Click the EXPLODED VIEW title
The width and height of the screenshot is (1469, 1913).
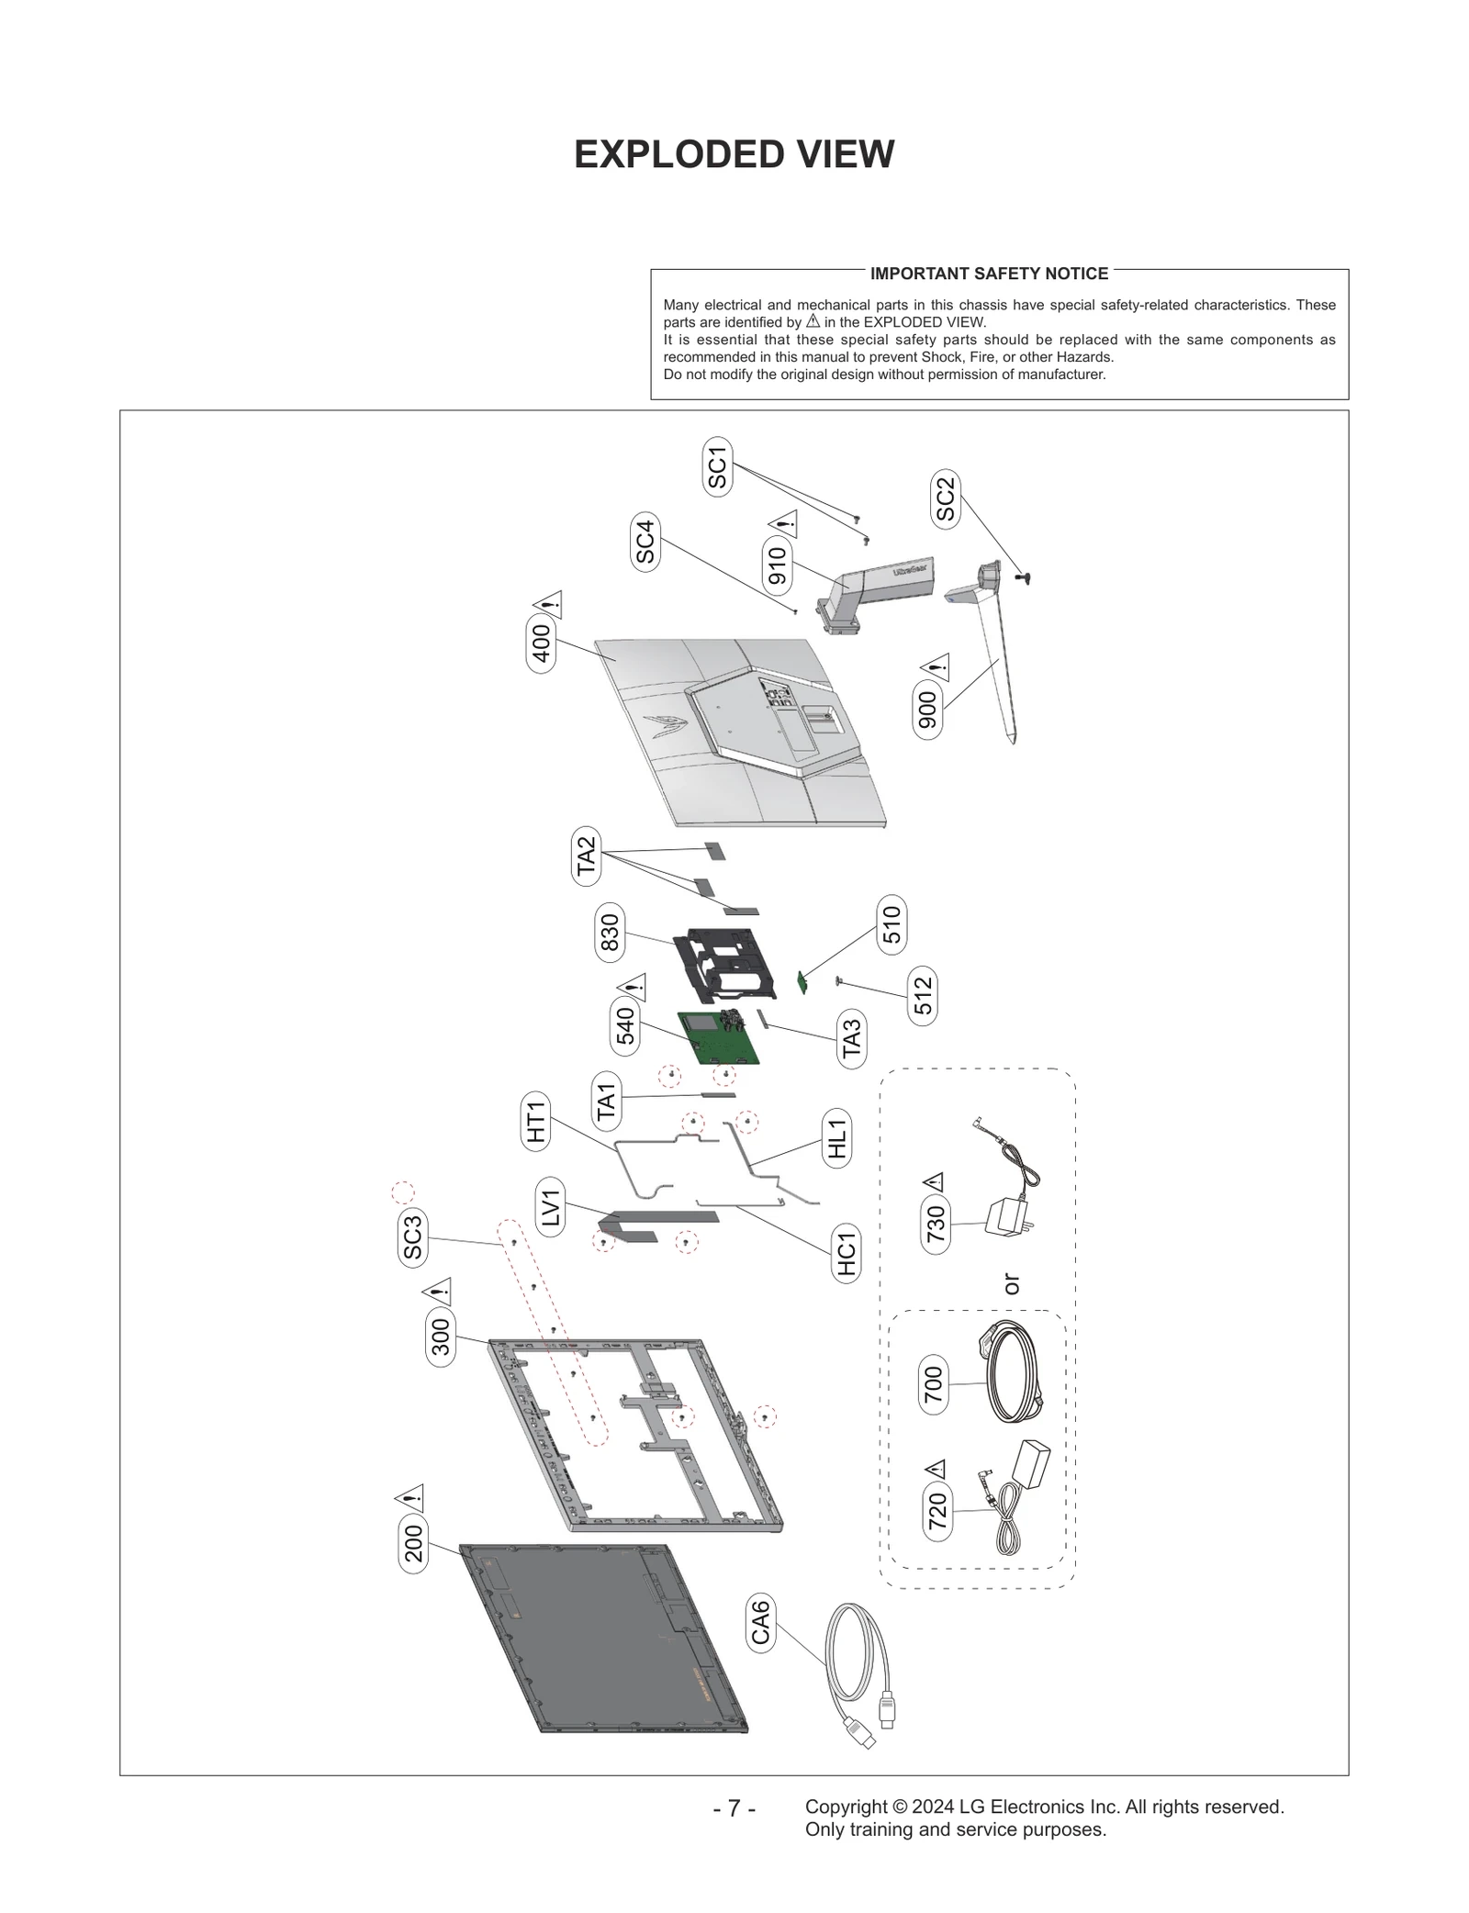point(734,154)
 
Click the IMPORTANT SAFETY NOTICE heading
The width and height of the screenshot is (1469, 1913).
point(989,274)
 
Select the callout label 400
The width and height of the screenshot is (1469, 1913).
point(542,643)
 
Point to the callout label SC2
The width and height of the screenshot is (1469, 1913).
point(945,499)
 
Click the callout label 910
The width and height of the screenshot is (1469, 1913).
point(778,565)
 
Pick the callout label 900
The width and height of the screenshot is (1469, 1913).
point(927,710)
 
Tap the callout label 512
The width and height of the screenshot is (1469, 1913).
point(923,995)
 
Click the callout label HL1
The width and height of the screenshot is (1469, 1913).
point(836,1138)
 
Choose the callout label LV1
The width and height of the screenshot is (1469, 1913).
point(550,1209)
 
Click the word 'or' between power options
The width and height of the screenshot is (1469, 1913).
point(1011,1284)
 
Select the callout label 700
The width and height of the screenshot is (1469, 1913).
point(933,1385)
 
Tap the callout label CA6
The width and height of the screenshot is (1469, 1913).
point(760,1623)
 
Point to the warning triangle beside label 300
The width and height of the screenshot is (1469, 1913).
point(438,1292)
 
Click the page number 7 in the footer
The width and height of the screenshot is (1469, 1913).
point(734,1807)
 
